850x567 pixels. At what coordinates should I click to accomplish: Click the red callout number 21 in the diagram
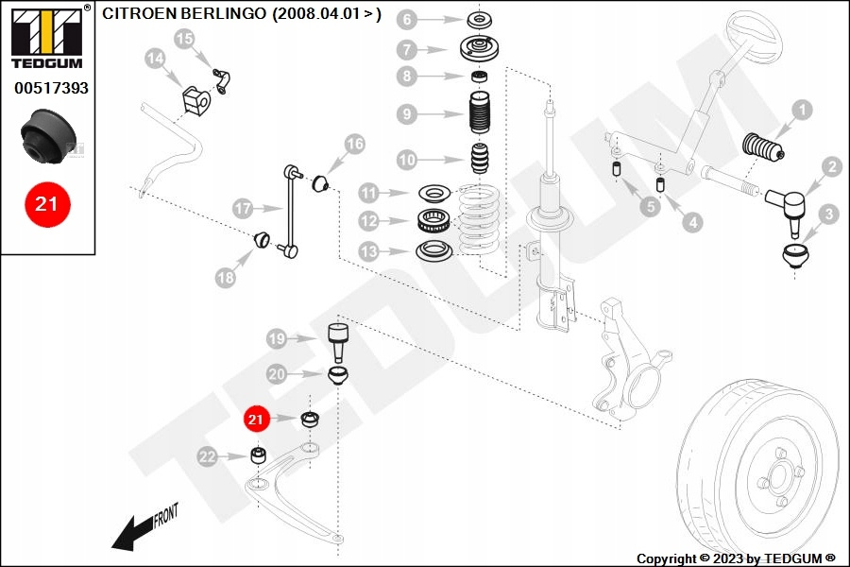(x=256, y=419)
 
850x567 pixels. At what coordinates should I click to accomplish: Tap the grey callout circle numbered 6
(x=406, y=20)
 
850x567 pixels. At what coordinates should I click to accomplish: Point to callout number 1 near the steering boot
(x=801, y=111)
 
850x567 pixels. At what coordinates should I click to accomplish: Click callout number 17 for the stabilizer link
(x=243, y=207)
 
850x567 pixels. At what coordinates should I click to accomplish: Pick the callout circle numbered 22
(x=208, y=457)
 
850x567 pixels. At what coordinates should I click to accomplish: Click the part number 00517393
(x=51, y=88)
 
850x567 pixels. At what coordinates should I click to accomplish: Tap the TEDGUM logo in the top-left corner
(x=46, y=37)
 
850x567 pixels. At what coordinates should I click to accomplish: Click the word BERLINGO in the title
(x=222, y=15)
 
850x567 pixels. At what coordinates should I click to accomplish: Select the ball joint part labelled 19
(x=338, y=338)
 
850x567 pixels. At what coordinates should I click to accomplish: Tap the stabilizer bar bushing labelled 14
(x=193, y=97)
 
